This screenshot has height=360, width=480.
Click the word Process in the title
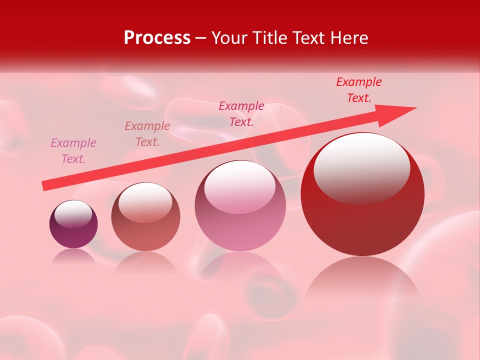(x=157, y=38)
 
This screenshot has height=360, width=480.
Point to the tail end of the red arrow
(x=45, y=186)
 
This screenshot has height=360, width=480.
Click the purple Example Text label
(x=73, y=151)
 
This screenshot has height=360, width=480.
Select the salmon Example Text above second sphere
(x=147, y=134)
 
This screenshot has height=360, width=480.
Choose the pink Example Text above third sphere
(x=241, y=114)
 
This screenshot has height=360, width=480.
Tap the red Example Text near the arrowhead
(x=359, y=90)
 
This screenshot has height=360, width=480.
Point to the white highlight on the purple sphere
(x=73, y=213)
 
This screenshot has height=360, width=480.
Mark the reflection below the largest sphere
(x=362, y=280)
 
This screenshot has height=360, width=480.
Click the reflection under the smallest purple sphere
(x=73, y=256)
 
